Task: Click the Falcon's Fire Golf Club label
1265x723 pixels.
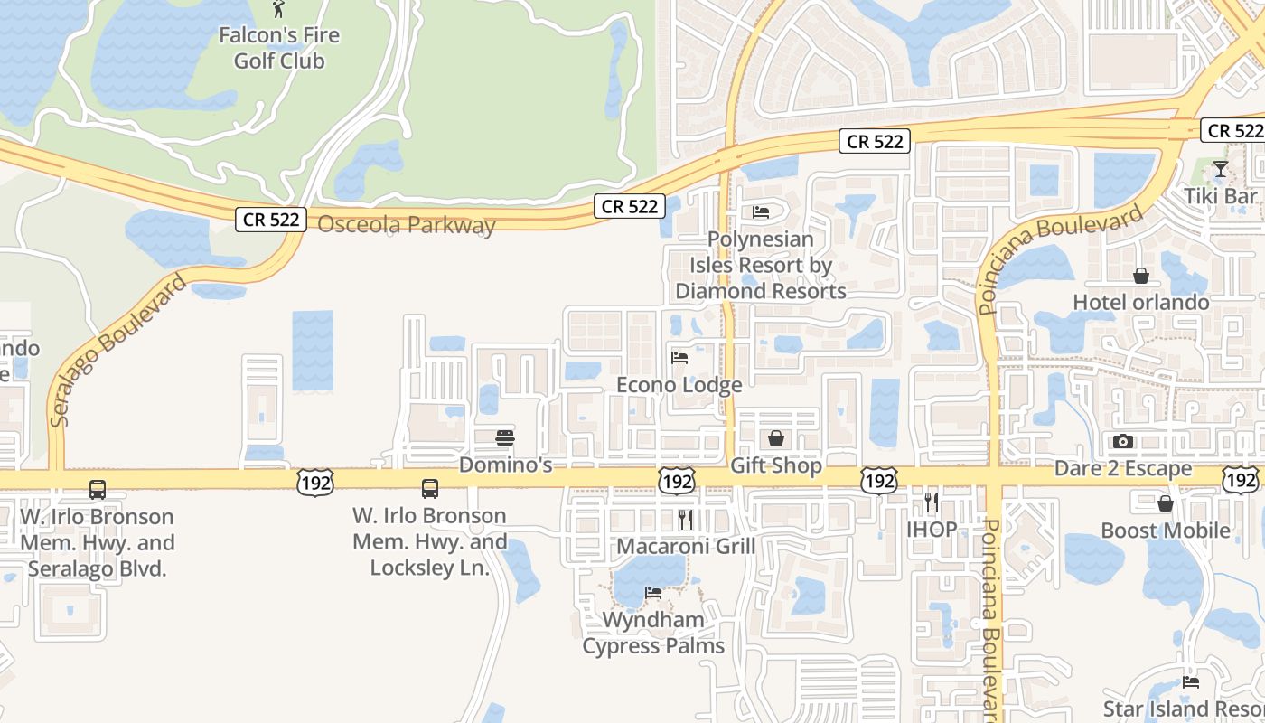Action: click(279, 48)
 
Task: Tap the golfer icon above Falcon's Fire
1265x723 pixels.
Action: click(279, 9)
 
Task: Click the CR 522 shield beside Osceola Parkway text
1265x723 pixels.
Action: click(271, 219)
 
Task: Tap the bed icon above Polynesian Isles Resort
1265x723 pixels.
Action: click(761, 212)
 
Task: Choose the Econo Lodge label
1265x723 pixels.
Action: click(679, 384)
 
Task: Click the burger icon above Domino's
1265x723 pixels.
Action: click(505, 439)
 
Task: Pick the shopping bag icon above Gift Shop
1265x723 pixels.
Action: click(775, 439)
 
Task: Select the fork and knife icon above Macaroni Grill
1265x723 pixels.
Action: click(686, 519)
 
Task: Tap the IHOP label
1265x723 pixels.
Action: click(932, 529)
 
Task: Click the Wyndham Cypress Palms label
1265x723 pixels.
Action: click(653, 633)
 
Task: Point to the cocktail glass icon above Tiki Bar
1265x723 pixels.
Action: click(1220, 169)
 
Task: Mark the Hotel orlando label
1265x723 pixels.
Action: click(1141, 301)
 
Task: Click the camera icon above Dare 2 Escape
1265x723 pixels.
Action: click(1123, 441)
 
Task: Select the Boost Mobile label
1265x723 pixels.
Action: click(1166, 530)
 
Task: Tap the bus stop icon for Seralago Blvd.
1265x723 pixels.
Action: click(98, 490)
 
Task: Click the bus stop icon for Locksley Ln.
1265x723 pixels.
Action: click(430, 489)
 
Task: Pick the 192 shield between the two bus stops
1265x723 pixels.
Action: click(314, 482)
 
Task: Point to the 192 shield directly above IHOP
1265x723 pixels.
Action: click(878, 480)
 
